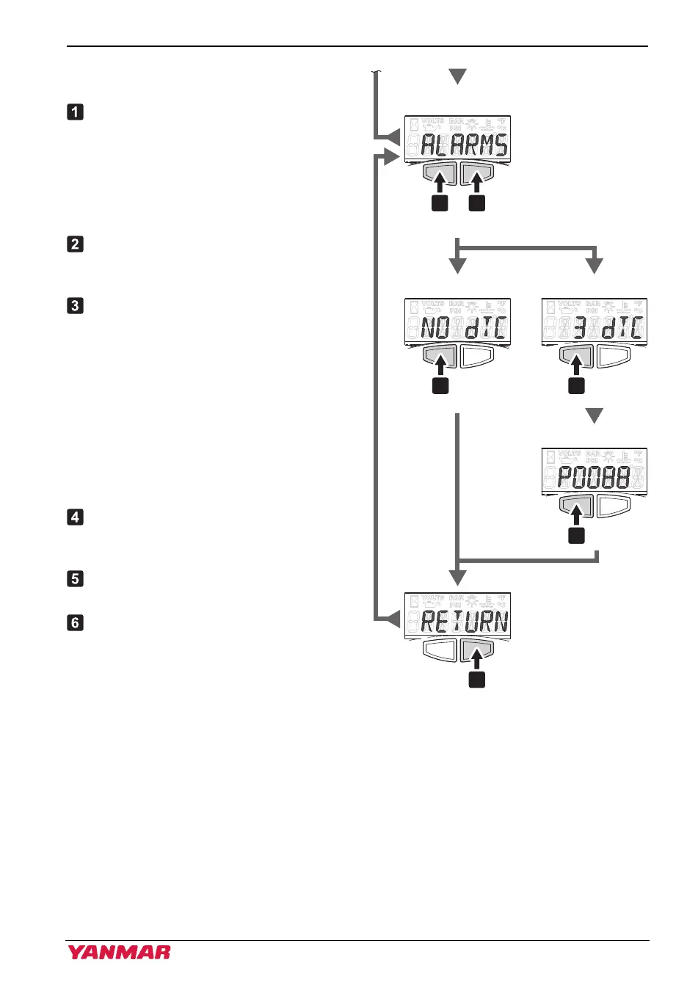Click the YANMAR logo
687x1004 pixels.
point(119,953)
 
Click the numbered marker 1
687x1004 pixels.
point(75,112)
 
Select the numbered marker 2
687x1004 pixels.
point(75,244)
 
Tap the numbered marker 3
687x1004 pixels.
point(75,305)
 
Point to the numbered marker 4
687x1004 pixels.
point(75,517)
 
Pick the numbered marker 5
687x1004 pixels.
point(75,578)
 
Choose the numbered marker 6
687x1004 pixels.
point(75,622)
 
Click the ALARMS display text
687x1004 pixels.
point(464,145)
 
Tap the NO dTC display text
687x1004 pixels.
point(462,328)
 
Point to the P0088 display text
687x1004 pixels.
point(594,478)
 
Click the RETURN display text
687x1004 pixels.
point(464,622)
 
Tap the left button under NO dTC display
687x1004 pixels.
point(439,356)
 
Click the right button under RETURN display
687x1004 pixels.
point(476,650)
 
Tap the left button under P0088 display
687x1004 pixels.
point(576,505)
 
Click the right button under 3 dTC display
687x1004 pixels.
point(614,356)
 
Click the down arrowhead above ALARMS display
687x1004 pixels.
point(458,76)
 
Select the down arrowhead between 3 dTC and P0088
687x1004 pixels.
point(595,416)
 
